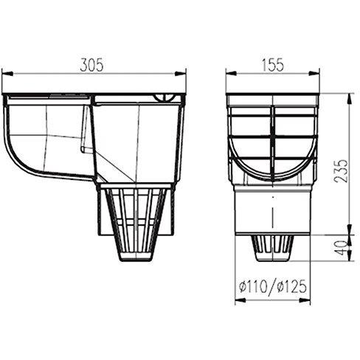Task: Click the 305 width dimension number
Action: pyautogui.click(x=92, y=65)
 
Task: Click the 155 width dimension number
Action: pyautogui.click(x=272, y=65)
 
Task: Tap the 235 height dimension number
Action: pyautogui.click(x=341, y=171)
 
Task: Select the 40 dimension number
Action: pyautogui.click(x=342, y=248)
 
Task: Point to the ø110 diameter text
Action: pyautogui.click(x=253, y=287)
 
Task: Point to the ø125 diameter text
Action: pyautogui.click(x=292, y=287)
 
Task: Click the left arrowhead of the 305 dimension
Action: pyautogui.click(x=7, y=74)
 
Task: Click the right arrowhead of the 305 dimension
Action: pyautogui.click(x=180, y=74)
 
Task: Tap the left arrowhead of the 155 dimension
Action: pyautogui.click(x=232, y=73)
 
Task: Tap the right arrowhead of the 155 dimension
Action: pyautogui.click(x=314, y=73)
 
